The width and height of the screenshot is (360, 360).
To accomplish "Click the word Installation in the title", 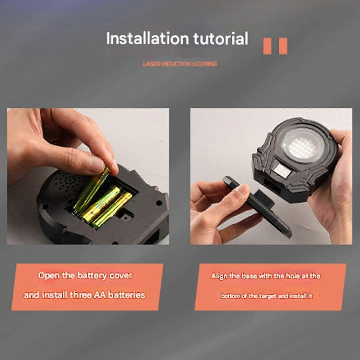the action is (148, 38).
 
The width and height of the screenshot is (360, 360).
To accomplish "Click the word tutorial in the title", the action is (221, 38).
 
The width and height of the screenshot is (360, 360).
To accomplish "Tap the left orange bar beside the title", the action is (267, 46).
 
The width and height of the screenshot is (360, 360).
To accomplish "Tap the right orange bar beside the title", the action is (283, 46).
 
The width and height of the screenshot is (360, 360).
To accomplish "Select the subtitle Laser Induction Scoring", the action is (180, 64).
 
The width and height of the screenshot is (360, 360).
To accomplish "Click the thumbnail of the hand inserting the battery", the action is (88, 176).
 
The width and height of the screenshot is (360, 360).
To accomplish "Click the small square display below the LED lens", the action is (282, 171).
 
